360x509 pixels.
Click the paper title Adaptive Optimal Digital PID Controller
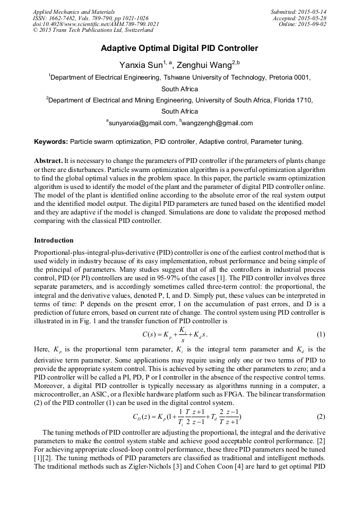pyautogui.click(x=179, y=48)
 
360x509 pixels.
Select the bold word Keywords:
pyautogui.click(x=51, y=142)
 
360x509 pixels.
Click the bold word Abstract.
pyautogui.click(x=49, y=160)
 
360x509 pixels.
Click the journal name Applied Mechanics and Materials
pyautogui.click(x=74, y=12)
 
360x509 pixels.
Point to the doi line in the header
pyautogui.click(x=96, y=24)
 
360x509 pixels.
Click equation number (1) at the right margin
pyautogui.click(x=320, y=335)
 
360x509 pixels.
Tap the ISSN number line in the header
pyautogui.click(x=91, y=18)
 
